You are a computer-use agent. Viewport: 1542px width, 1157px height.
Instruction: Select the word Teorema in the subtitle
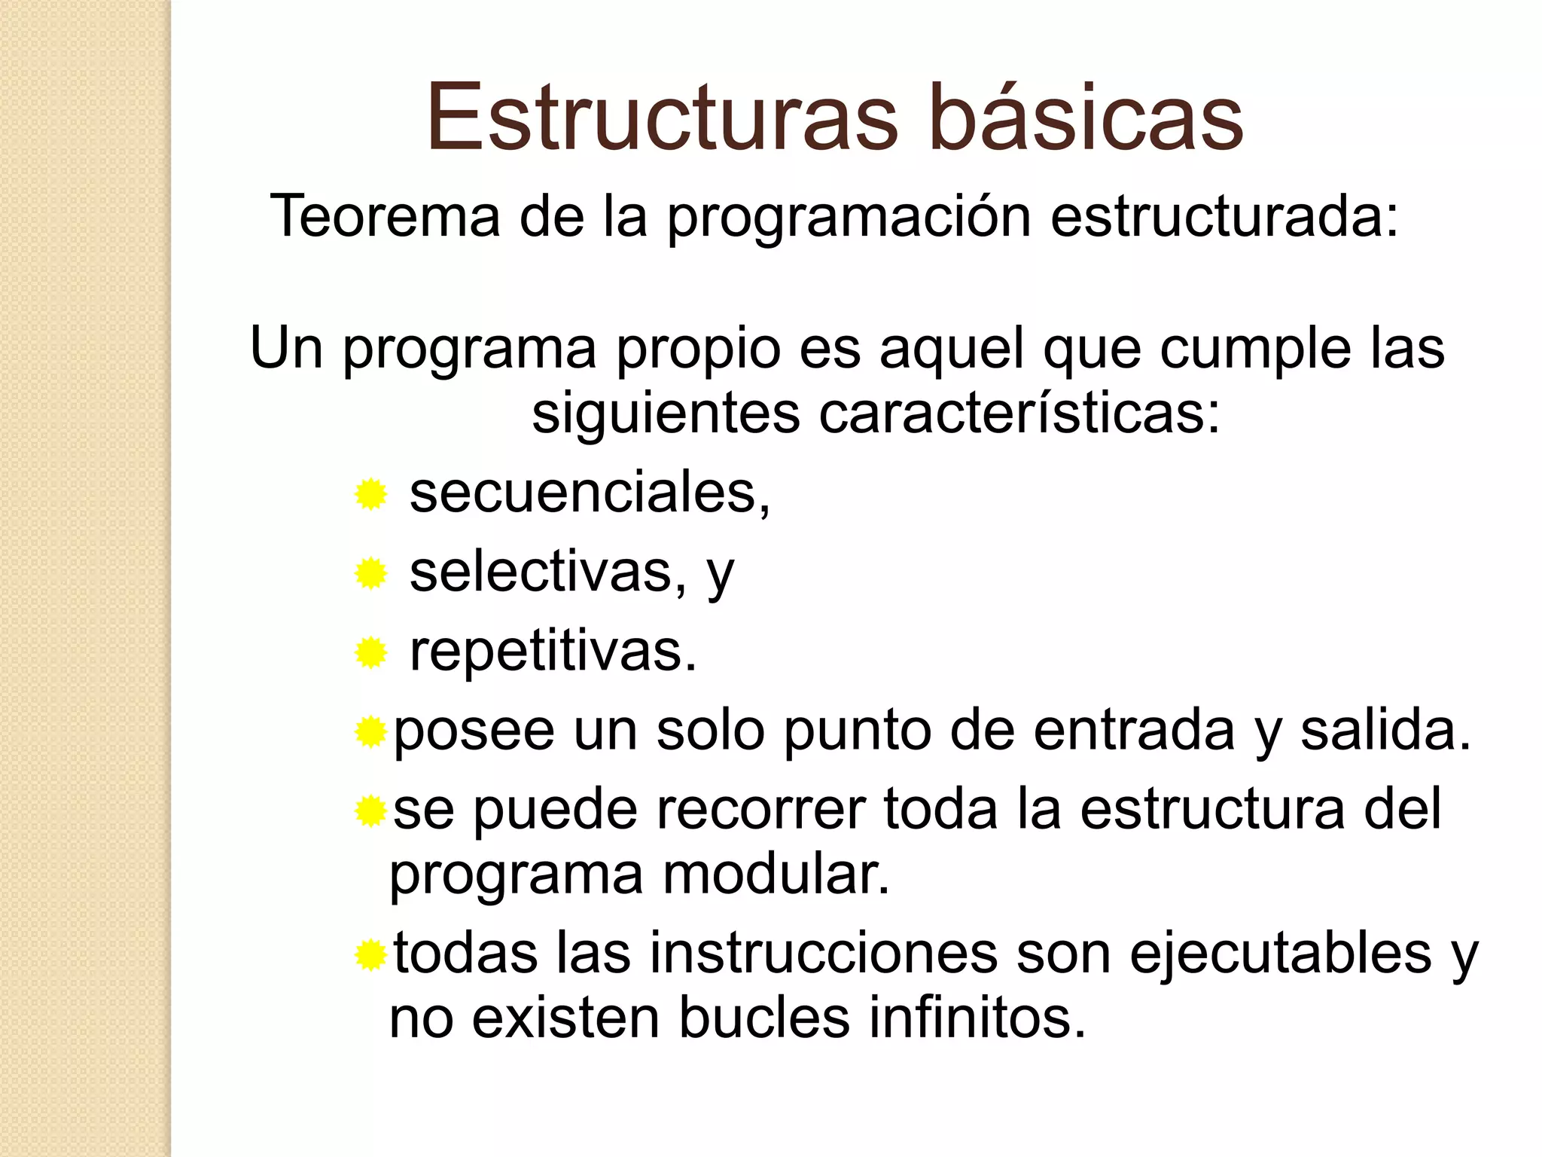point(385,216)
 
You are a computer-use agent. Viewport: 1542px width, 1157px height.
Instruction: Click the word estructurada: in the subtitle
point(1224,216)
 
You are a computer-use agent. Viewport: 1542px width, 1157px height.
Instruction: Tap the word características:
point(1019,414)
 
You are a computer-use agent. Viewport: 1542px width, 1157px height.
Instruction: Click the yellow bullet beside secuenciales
point(370,495)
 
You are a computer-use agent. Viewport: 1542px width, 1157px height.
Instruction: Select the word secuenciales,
point(590,493)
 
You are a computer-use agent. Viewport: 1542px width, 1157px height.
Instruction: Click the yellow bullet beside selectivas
point(370,574)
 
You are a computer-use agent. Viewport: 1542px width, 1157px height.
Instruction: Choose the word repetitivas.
point(553,652)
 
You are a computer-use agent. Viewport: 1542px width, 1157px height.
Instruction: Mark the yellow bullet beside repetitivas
point(370,653)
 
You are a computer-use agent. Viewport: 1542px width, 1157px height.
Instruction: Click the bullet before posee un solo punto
point(370,732)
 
